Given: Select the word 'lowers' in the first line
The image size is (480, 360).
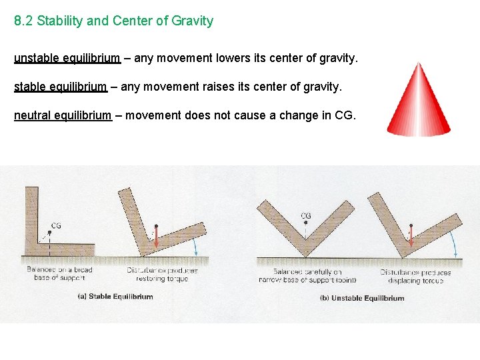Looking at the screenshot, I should click(x=233, y=58).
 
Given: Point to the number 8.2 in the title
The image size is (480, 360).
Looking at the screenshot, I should click(x=23, y=21).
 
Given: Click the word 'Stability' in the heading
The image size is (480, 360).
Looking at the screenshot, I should click(x=61, y=21).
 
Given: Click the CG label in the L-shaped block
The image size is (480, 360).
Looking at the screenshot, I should click(x=56, y=226).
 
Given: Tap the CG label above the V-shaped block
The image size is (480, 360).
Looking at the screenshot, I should click(x=306, y=216).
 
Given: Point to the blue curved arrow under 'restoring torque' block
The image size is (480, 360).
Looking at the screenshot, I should click(x=197, y=247).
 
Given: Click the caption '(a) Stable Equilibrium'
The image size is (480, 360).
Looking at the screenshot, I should click(x=115, y=297).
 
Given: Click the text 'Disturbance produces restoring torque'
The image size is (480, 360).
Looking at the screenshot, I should click(x=162, y=275).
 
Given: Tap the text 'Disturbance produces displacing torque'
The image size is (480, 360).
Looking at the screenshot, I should click(x=415, y=276).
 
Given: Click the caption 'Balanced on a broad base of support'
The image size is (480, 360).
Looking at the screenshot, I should click(x=59, y=274).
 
